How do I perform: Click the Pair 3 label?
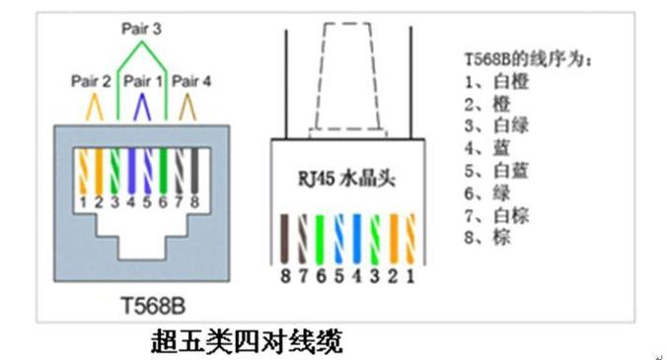(x=141, y=29)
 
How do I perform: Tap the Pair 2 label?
(x=91, y=81)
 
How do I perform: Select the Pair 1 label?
(x=143, y=81)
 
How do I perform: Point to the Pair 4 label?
(x=191, y=81)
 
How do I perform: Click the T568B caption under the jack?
(x=153, y=306)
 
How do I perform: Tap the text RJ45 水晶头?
(x=346, y=178)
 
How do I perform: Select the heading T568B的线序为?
(x=528, y=58)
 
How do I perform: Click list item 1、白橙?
(x=496, y=81)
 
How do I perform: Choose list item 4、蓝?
(x=486, y=148)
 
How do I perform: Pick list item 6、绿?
(x=486, y=193)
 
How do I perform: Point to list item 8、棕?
(x=486, y=237)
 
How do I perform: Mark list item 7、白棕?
(x=496, y=215)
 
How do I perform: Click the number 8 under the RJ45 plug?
(x=285, y=276)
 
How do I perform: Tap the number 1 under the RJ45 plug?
(x=410, y=276)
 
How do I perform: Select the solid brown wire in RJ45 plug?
(x=284, y=239)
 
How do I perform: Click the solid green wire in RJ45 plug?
(x=320, y=240)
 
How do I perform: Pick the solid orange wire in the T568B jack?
(x=99, y=172)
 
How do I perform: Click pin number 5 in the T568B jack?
(x=147, y=202)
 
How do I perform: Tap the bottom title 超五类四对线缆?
(x=247, y=341)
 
